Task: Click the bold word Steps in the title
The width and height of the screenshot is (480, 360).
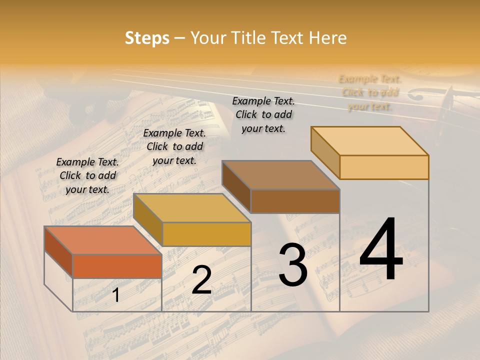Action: [x=147, y=38]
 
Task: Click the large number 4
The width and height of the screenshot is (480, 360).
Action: [x=381, y=250]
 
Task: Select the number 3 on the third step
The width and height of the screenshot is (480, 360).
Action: [x=293, y=265]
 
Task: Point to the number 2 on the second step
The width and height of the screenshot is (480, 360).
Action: [x=201, y=280]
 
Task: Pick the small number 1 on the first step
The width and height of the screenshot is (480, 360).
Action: [x=116, y=295]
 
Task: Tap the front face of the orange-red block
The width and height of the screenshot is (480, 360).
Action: [x=117, y=266]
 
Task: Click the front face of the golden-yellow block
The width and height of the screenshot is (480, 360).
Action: [x=206, y=234]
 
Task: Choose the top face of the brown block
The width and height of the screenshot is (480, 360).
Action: [x=280, y=175]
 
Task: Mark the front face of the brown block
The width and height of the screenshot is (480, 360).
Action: [x=295, y=201]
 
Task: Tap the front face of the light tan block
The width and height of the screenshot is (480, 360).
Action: [x=384, y=167]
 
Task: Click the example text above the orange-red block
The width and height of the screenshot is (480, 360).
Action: [x=87, y=175]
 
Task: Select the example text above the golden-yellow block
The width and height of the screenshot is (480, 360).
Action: [x=174, y=146]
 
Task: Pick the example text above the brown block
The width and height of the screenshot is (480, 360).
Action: [x=263, y=114]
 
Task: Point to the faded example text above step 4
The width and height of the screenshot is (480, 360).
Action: [x=370, y=92]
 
